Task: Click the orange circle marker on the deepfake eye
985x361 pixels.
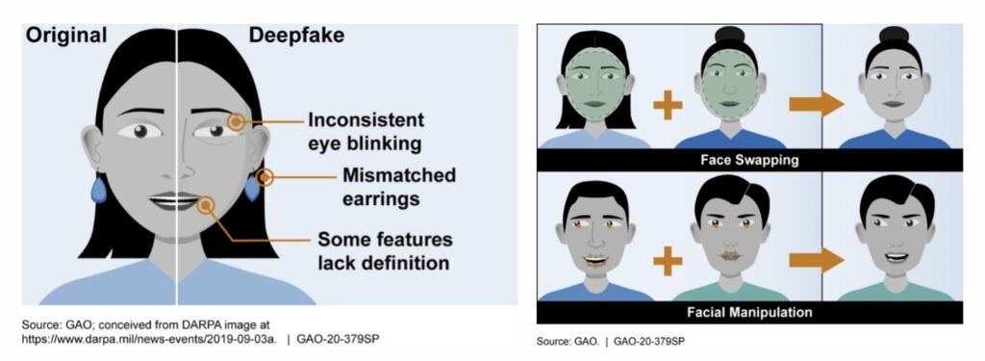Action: [x=235, y=122]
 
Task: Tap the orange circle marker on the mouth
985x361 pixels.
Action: [x=204, y=203]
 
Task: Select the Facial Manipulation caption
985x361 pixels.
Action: [x=749, y=312]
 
